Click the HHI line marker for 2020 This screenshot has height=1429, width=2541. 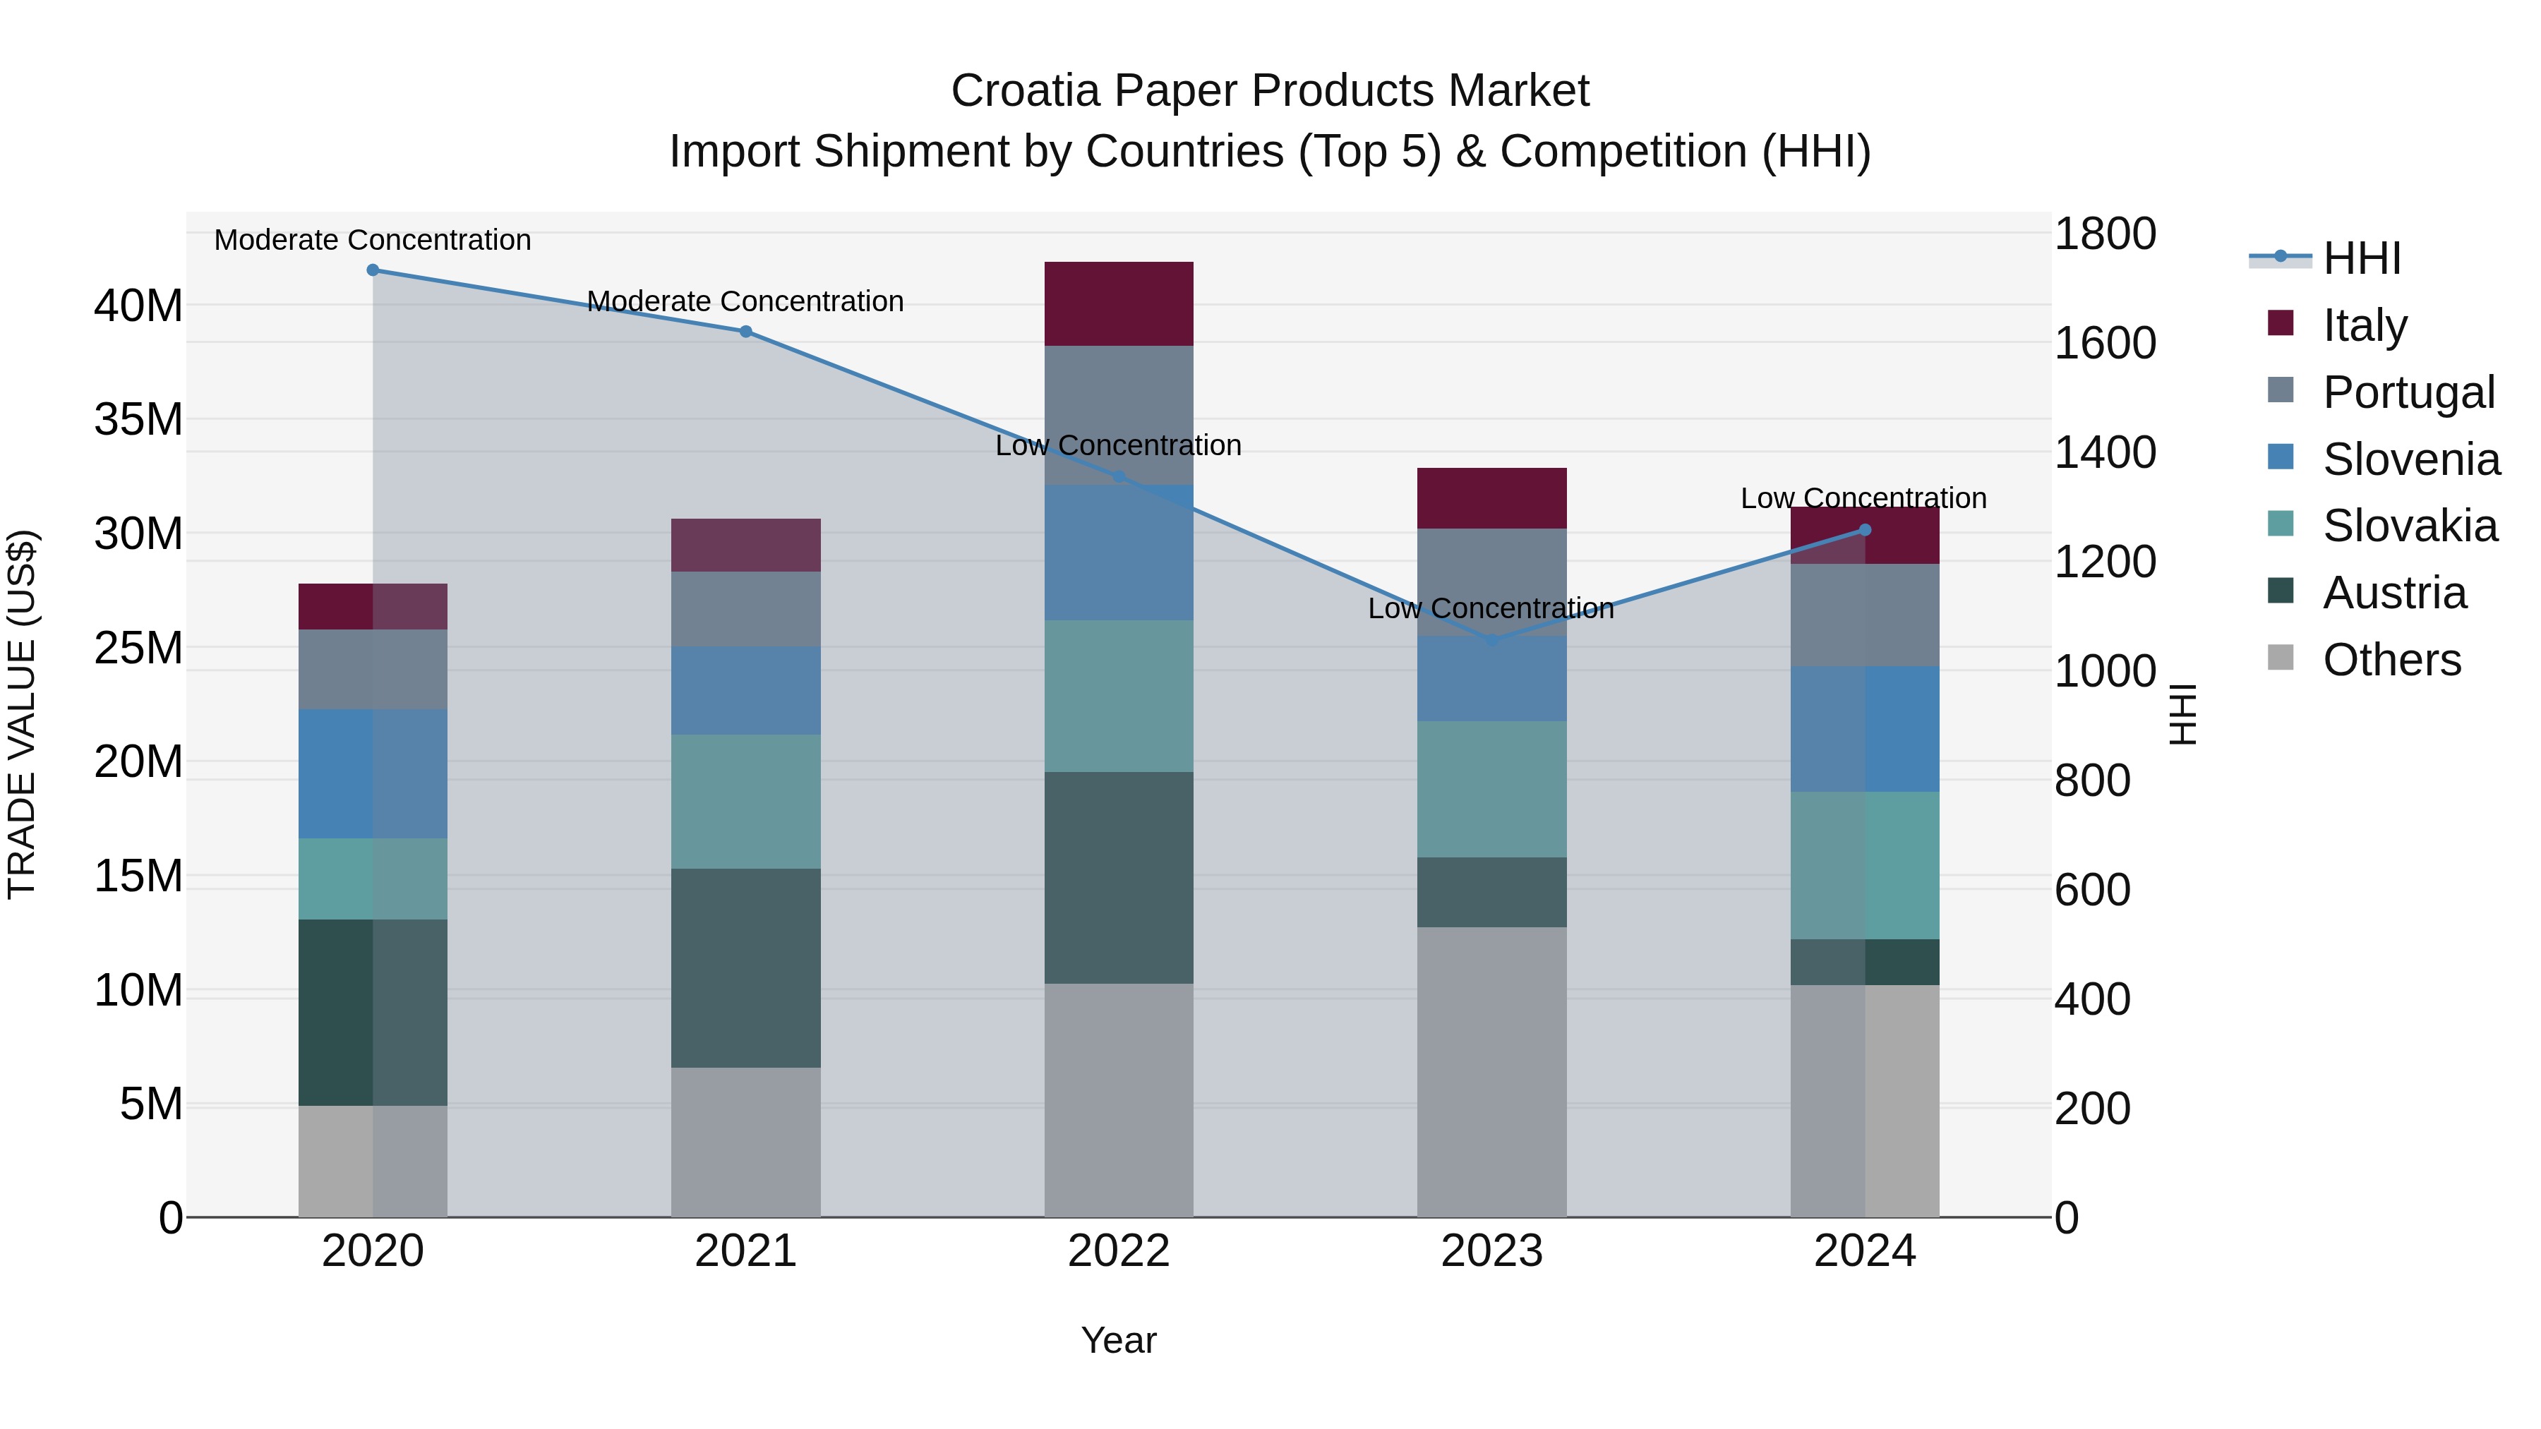pyautogui.click(x=373, y=270)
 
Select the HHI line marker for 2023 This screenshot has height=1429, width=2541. pyautogui.click(x=1491, y=641)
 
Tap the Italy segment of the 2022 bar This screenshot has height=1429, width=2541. pyautogui.click(x=1119, y=303)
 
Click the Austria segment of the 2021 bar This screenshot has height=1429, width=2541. pyautogui.click(x=746, y=967)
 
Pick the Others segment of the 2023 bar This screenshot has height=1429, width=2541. pyautogui.click(x=1491, y=1072)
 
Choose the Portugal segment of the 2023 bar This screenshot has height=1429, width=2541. pyautogui.click(x=1491, y=582)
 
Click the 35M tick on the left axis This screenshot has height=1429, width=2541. pyautogui.click(x=138, y=420)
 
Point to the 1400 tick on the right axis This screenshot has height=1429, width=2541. pyautogui.click(x=2105, y=454)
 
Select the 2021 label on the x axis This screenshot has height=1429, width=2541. pyautogui.click(x=746, y=1251)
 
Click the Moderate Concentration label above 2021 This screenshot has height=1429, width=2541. pyautogui.click(x=746, y=302)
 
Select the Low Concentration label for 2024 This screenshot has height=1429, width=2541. pyautogui.click(x=1863, y=499)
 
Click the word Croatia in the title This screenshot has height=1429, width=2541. pyautogui.click(x=1025, y=92)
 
